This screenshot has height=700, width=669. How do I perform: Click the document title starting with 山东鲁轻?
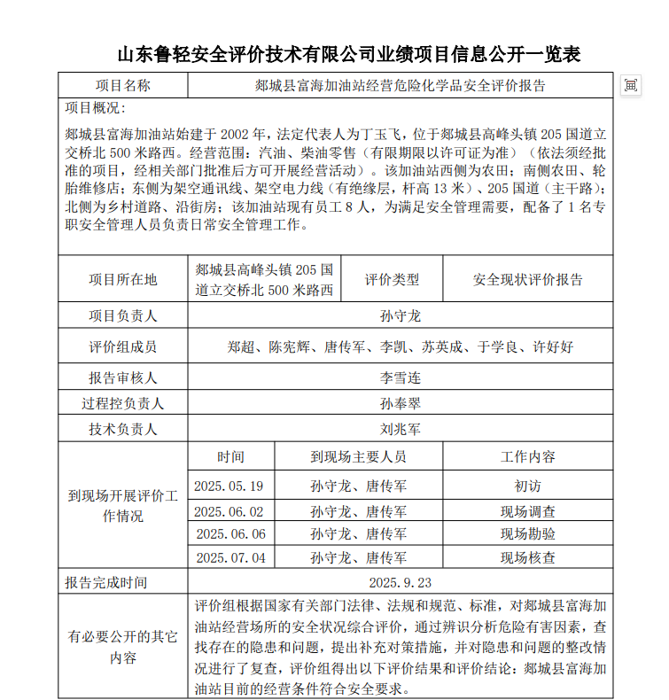(349, 55)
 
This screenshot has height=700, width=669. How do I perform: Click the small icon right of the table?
(631, 85)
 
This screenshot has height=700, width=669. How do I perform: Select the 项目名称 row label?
(123, 86)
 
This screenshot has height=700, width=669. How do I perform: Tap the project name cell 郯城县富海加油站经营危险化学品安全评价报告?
(400, 86)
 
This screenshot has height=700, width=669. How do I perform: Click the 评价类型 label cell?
(392, 280)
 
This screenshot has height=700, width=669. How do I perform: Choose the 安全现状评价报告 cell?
(528, 280)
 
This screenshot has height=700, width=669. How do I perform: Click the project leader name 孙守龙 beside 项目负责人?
(400, 316)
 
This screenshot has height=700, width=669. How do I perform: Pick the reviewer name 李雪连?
(400, 377)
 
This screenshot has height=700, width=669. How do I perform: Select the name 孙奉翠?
(400, 403)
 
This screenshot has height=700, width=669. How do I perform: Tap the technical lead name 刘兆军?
(400, 430)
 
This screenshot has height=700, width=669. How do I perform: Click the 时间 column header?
(231, 457)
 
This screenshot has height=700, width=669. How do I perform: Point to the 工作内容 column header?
(528, 457)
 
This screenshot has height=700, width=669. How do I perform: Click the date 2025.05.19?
(229, 486)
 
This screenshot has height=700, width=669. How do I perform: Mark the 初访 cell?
(528, 486)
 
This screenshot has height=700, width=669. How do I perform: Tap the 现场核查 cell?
(528, 558)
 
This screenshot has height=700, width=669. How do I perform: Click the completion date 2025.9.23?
(400, 582)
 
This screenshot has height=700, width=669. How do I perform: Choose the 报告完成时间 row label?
(106, 582)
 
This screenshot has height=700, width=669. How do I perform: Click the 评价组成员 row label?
(123, 347)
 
